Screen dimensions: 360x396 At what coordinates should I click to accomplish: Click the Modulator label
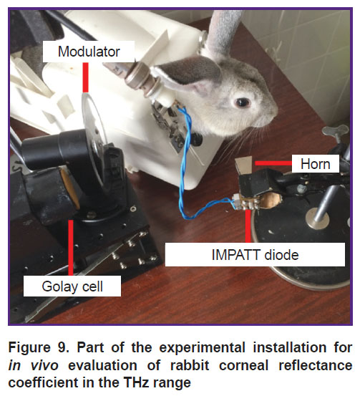[x=89, y=52]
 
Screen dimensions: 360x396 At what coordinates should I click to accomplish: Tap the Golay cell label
[x=72, y=286]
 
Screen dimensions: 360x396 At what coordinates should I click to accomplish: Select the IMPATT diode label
[x=255, y=255]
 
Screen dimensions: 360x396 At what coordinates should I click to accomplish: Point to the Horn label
[x=316, y=164]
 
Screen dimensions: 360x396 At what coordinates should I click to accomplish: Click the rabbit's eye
[x=243, y=102]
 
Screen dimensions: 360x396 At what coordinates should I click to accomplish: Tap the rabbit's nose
[x=274, y=111]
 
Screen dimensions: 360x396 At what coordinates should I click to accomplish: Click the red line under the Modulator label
[x=86, y=77]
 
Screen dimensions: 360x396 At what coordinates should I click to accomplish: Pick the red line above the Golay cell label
[x=71, y=248]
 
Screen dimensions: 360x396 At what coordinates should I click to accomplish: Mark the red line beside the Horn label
[x=273, y=163]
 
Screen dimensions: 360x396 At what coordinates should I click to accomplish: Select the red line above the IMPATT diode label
[x=248, y=226]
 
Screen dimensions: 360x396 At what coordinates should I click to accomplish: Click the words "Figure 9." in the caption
[x=39, y=347]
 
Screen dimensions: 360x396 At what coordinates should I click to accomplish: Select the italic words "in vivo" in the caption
[x=34, y=365]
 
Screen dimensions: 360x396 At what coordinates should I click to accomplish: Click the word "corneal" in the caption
[x=243, y=365]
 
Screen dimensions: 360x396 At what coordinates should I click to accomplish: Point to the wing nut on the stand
[x=336, y=132]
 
